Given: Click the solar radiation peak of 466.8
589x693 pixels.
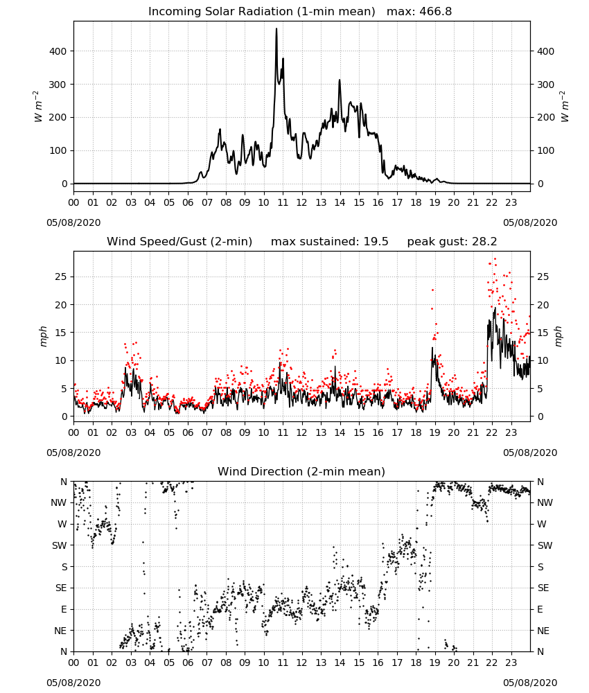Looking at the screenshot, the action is tap(276, 29).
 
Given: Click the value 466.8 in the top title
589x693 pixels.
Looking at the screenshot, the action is tap(435, 12).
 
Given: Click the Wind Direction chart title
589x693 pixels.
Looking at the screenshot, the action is tap(301, 471).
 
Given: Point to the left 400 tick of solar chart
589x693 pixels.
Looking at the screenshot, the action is tap(58, 51).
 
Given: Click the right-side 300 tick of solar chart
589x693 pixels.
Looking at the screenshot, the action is tap(546, 85).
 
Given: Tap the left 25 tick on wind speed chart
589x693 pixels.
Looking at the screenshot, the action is tap(62, 277).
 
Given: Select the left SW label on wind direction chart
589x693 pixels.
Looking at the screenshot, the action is tap(60, 545).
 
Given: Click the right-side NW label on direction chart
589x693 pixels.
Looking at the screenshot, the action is tap(545, 502).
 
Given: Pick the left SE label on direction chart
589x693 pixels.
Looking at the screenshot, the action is tap(61, 588).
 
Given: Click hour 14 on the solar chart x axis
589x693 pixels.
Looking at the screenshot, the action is tap(340, 203).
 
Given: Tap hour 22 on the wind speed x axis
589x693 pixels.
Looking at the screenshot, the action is tap(492, 432).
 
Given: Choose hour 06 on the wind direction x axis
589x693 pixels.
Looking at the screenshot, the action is tap(188, 663).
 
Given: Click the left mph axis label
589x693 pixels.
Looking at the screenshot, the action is tap(43, 336).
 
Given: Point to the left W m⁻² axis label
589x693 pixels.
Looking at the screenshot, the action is tap(38, 107).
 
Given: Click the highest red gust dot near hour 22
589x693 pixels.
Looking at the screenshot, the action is tap(495, 258).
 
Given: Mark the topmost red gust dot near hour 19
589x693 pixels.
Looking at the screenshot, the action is tap(432, 290).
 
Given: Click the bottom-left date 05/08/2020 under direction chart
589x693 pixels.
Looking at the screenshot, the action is tap(73, 683).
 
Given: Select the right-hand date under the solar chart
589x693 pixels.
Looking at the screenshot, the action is tap(530, 222).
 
